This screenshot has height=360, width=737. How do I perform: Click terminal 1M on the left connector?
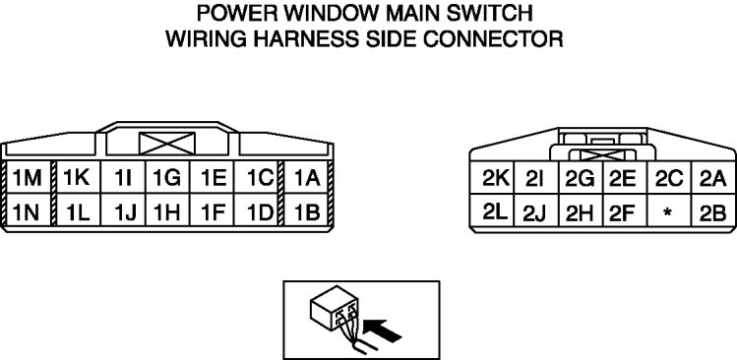(x=29, y=177)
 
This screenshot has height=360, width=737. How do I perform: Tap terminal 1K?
(x=78, y=177)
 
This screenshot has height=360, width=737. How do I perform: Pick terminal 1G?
(x=167, y=177)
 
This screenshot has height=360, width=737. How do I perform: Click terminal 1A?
(x=306, y=177)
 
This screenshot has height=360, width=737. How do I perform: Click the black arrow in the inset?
(x=382, y=330)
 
